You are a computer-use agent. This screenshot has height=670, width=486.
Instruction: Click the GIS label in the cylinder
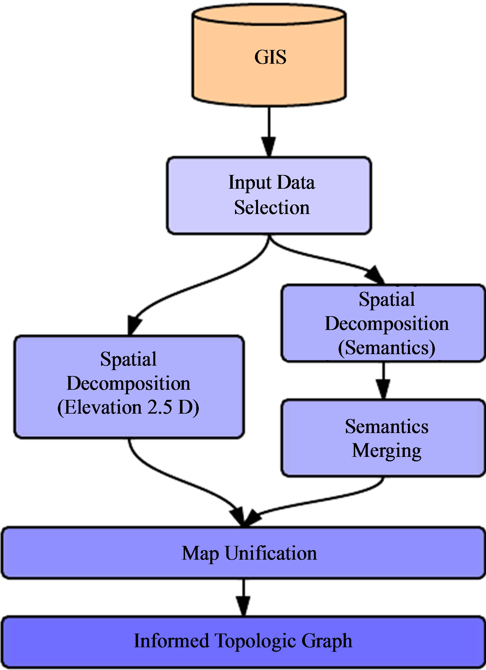pyautogui.click(x=270, y=57)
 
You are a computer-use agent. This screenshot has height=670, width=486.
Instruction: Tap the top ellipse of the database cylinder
pyautogui.click(x=269, y=14)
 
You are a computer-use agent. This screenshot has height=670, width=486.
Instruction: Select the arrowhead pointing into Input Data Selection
pyautogui.click(x=269, y=146)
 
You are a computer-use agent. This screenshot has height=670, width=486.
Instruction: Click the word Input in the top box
pyautogui.click(x=250, y=183)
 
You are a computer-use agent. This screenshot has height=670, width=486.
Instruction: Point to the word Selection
pyautogui.click(x=272, y=208)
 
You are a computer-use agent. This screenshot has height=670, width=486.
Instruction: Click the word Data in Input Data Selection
pyautogui.click(x=296, y=182)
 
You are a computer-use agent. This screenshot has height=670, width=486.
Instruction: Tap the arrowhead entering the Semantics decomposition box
pyautogui.click(x=375, y=275)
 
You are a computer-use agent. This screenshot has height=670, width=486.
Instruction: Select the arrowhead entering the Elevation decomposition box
pyautogui.click(x=134, y=325)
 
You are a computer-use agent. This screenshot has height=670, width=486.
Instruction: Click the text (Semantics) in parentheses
pyautogui.click(x=386, y=348)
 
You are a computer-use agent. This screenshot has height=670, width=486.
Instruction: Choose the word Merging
pyautogui.click(x=386, y=451)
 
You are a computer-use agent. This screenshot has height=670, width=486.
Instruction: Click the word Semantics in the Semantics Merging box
pyautogui.click(x=386, y=427)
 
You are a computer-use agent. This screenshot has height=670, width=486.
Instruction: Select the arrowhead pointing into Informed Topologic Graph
pyautogui.click(x=243, y=606)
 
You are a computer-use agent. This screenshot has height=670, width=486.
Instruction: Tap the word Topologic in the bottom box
pyautogui.click(x=255, y=641)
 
